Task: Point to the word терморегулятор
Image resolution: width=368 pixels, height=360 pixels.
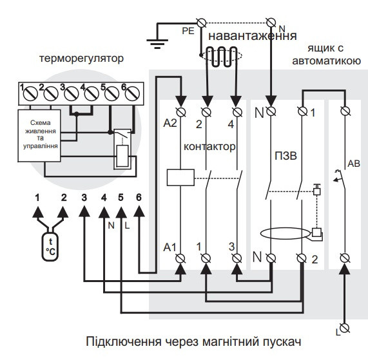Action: (x=81, y=59)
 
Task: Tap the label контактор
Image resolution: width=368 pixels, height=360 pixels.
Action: (x=209, y=146)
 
